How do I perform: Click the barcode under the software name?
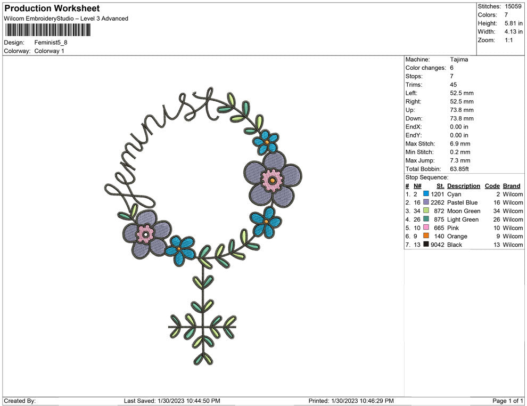coord(47,30)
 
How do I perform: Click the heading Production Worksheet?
coord(52,9)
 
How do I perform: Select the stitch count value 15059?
coord(513,6)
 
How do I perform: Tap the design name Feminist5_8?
coord(51,43)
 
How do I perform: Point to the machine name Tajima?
coord(459,60)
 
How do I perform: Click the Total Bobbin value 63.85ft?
coord(459,169)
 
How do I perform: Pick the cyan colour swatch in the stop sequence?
coord(426,194)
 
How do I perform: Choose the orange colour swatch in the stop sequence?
coord(426,236)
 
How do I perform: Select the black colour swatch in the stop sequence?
coord(426,244)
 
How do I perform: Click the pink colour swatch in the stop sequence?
coord(426,228)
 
